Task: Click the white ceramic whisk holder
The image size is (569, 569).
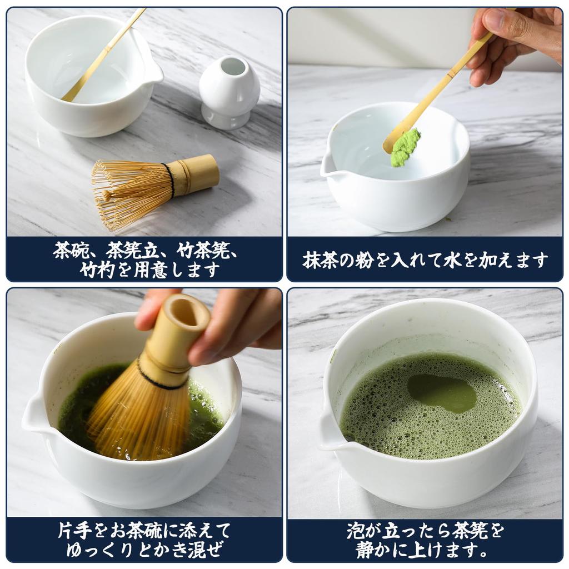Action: coord(229,94)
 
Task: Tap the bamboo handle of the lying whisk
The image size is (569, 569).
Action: coord(197,174)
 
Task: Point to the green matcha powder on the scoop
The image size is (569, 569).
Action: coord(405,147)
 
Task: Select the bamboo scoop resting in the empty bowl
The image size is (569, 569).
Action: coord(103,56)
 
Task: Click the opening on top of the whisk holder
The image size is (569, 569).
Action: coord(233,67)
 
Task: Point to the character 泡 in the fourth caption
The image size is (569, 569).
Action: coord(356,530)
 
